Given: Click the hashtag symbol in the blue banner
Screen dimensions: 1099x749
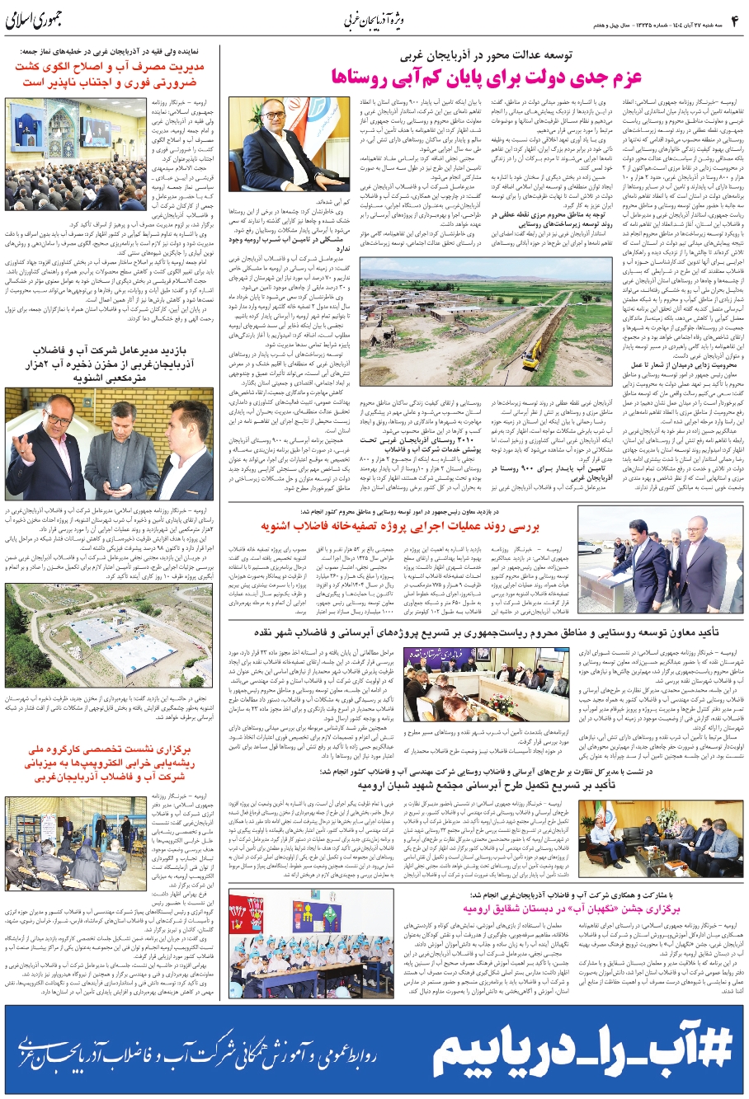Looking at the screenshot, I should tap(714, 1046).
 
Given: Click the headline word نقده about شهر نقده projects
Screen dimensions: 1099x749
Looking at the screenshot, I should tap(418, 632).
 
